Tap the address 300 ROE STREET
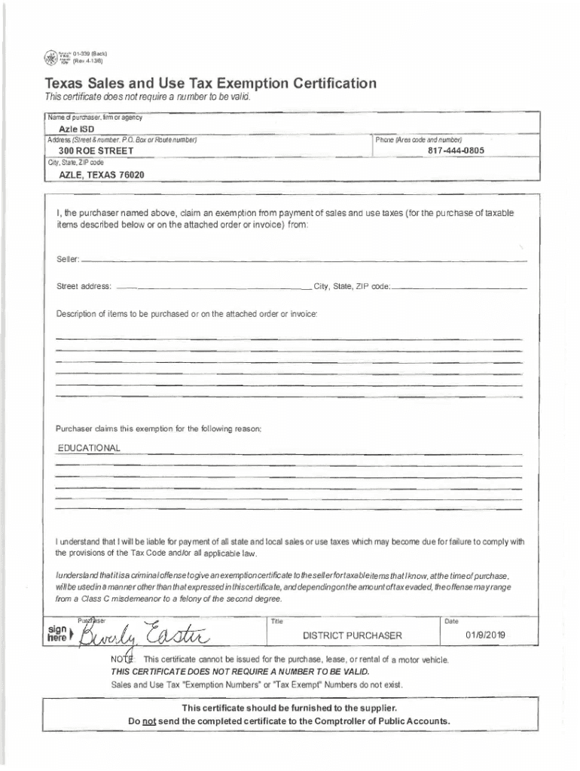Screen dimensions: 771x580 [91, 151]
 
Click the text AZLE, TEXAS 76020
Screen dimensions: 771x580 [102, 175]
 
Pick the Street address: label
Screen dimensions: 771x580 [84, 287]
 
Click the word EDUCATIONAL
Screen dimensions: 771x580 [89, 449]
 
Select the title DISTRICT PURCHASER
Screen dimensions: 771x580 [352, 635]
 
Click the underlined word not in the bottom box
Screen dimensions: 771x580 [148, 721]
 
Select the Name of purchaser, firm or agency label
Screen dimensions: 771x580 [95, 117]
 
